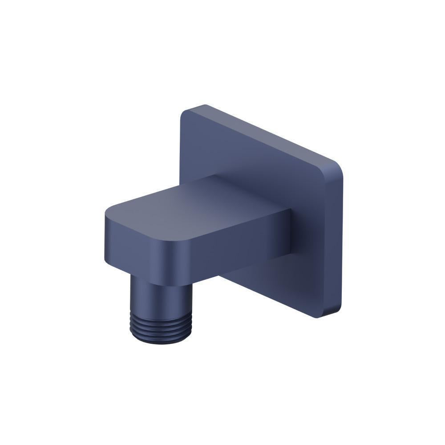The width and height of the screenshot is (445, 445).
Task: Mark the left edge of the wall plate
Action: point(181,147)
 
